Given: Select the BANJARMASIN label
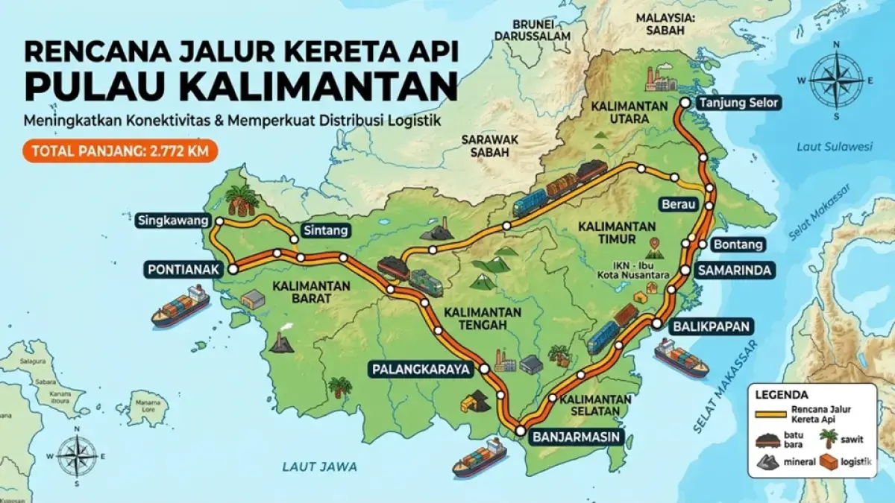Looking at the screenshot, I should tap(577, 437).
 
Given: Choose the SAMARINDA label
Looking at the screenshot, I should tap(734, 271).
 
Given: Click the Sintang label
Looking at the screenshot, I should tap(324, 231).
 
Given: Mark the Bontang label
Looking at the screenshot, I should tap(738, 244).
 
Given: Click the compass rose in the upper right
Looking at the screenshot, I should tap(836, 80).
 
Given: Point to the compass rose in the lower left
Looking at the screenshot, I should tap(78, 456).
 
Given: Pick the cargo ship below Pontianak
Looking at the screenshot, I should tap(180, 306).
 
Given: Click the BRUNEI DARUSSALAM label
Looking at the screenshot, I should tap(530, 28).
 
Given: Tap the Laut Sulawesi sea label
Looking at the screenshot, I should tap(834, 147).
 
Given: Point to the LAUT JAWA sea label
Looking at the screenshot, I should tap(319, 466).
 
